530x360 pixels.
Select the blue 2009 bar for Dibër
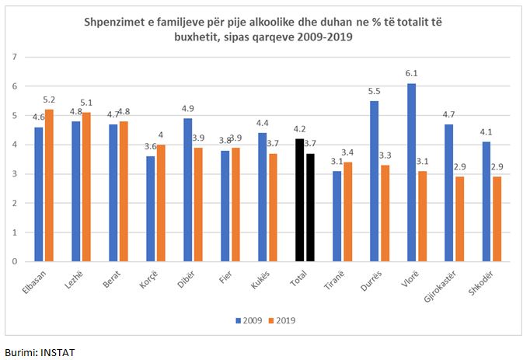point(189,190)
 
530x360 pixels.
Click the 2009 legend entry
point(249,320)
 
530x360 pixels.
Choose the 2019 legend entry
point(284,320)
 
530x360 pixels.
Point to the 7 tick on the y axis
point(15,57)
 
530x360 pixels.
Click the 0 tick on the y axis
point(15,261)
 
